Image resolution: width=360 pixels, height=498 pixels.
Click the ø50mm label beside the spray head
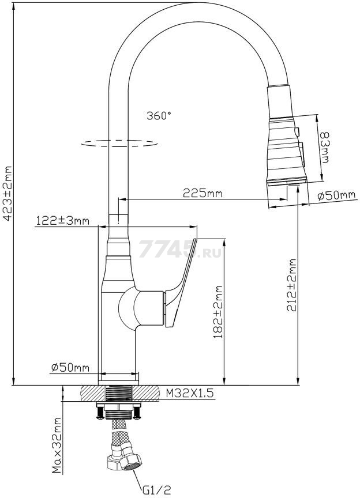coord(336,195)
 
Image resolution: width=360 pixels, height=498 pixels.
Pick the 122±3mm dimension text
coord(62,220)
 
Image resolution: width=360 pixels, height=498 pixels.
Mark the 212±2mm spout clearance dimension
coord(292,285)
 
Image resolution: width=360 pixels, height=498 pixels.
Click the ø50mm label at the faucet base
coord(70,367)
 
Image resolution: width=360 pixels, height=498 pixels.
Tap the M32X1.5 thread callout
coord(190,393)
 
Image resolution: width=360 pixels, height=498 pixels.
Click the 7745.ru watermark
coord(173,250)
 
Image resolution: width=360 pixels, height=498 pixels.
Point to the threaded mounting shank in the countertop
coord(119,394)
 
